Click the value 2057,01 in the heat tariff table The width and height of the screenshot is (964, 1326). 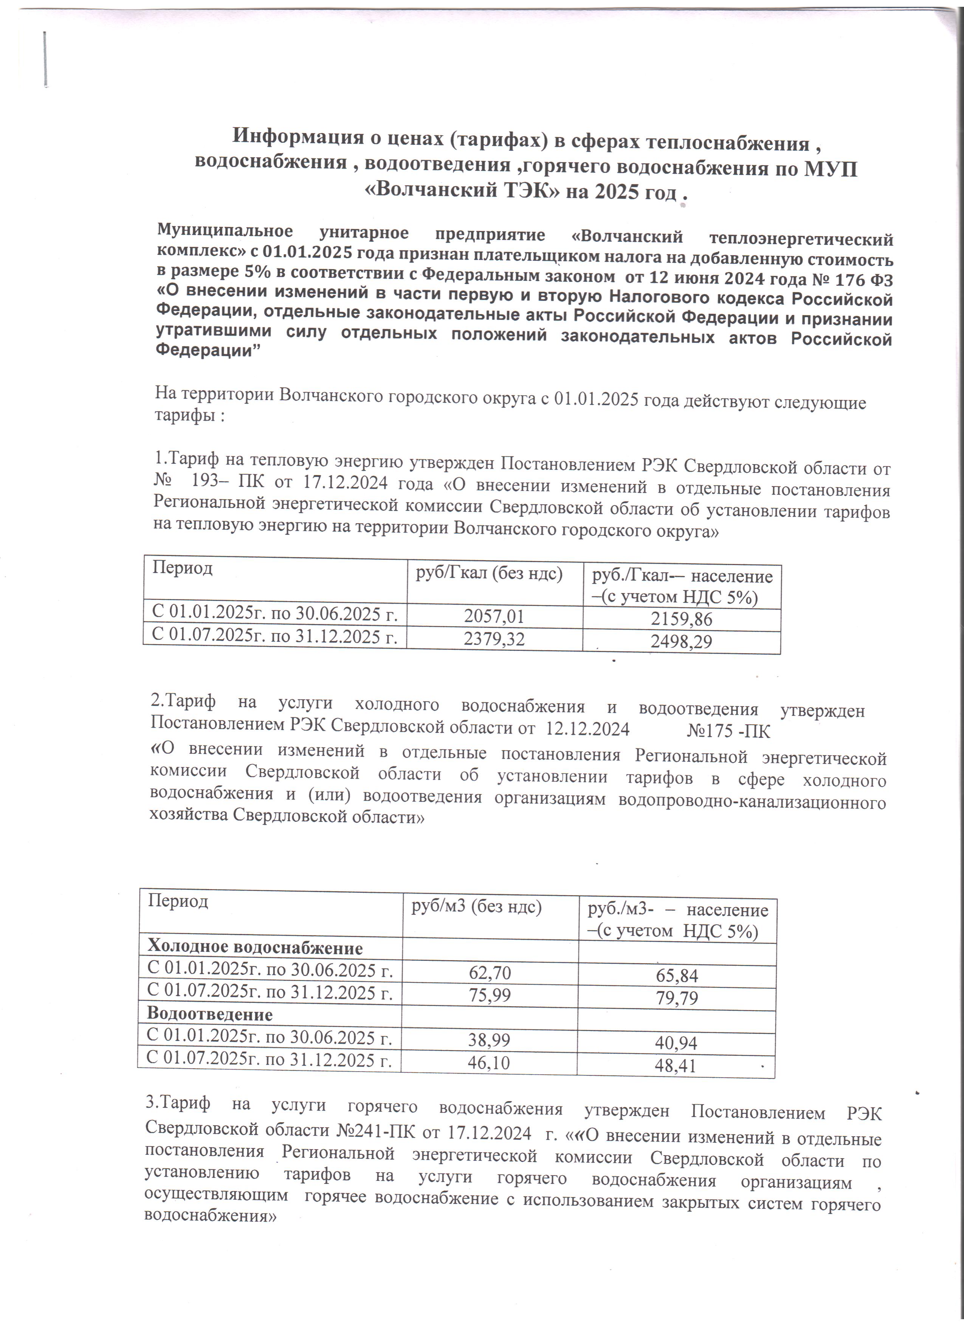(494, 616)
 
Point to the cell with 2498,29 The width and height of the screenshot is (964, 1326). (682, 642)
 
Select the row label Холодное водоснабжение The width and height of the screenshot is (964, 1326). (255, 947)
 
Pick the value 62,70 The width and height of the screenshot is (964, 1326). (490, 972)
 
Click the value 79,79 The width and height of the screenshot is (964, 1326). (677, 998)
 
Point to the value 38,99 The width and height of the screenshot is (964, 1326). (489, 1039)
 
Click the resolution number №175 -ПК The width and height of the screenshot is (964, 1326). (728, 731)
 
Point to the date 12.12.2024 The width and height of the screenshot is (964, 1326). (587, 729)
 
